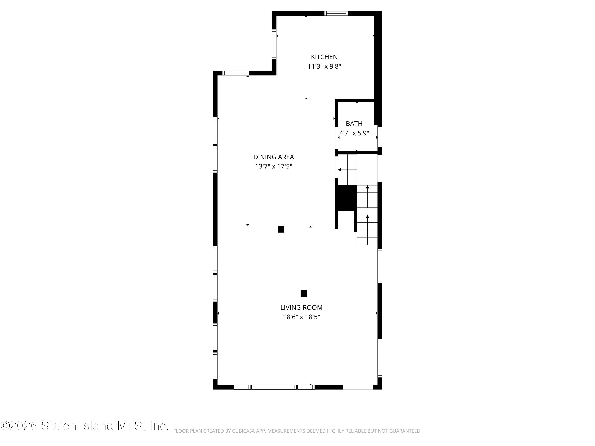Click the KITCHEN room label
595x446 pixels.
pyautogui.click(x=324, y=57)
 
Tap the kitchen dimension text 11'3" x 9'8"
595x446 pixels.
pyautogui.click(x=324, y=66)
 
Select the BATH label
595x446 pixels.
pyautogui.click(x=354, y=124)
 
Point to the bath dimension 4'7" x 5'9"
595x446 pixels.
pyautogui.click(x=354, y=133)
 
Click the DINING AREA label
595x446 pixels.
pyautogui.click(x=274, y=157)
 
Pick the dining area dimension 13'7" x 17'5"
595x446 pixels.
pyautogui.click(x=274, y=167)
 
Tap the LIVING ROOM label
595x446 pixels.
pyautogui.click(x=301, y=308)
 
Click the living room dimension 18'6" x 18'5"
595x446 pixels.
pyautogui.click(x=301, y=317)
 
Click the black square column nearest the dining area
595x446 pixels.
pyautogui.click(x=281, y=229)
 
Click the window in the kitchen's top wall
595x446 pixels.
pyautogui.click(x=336, y=13)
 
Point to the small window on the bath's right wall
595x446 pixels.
pyautogui.click(x=380, y=137)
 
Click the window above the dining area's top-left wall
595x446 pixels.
pyautogui.click(x=235, y=73)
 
